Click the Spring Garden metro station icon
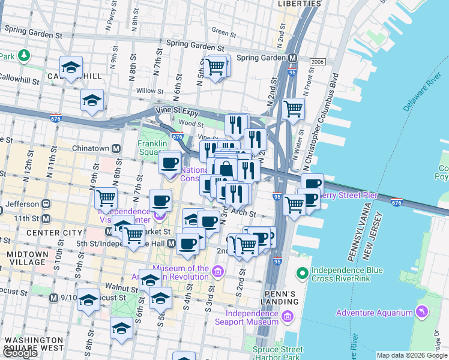coord(293,58)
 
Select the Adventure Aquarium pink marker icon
coord(422,313)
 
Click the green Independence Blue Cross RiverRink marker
coord(303,274)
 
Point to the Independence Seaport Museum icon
coord(288,316)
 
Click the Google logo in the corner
coord(20,353)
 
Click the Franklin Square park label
coord(155,148)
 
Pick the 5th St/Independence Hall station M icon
coord(171,243)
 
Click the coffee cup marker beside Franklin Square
coord(170,162)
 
